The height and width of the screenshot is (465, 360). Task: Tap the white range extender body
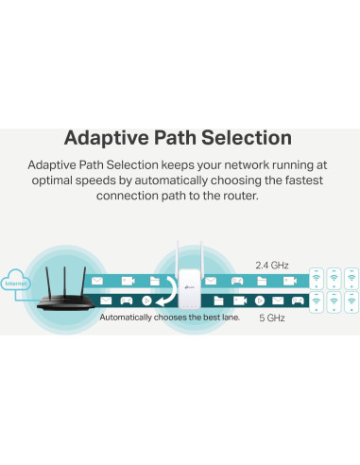[x=191, y=287]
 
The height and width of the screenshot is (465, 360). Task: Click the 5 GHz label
[x=276, y=319]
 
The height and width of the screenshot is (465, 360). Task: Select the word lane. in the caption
[x=228, y=319]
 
